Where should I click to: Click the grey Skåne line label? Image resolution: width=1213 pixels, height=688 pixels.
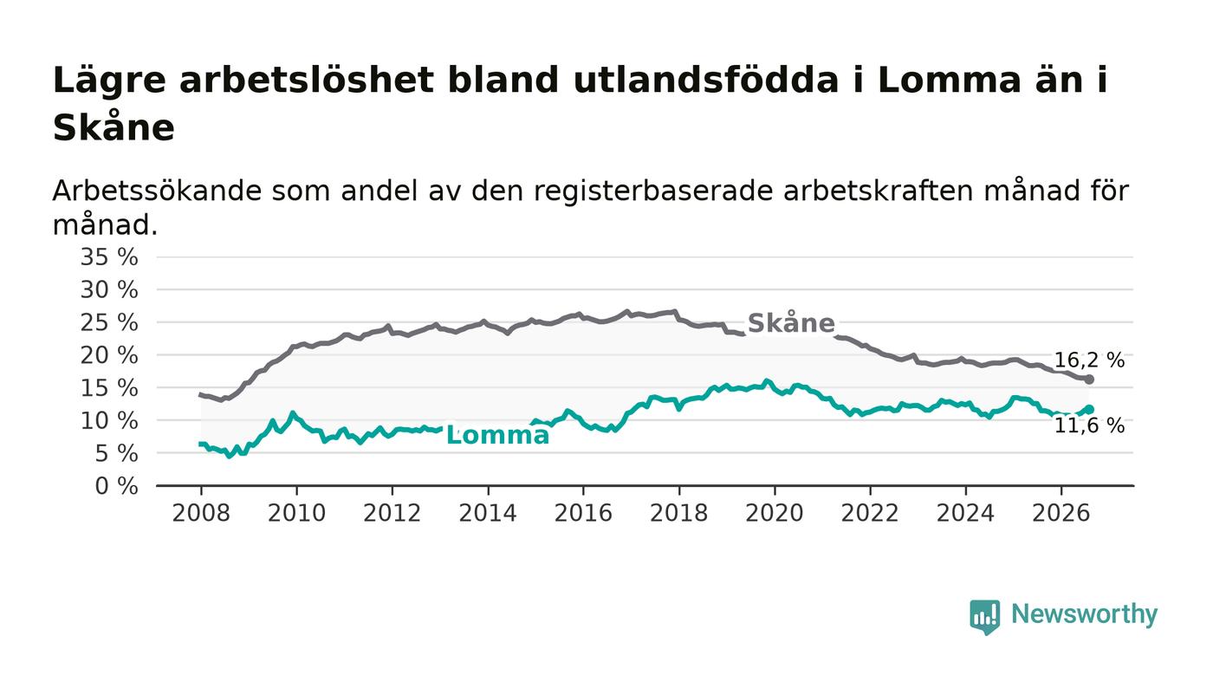(x=790, y=323)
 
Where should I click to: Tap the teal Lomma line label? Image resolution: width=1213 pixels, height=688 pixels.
(x=497, y=435)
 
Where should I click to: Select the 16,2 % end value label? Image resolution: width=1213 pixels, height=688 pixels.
(x=1089, y=360)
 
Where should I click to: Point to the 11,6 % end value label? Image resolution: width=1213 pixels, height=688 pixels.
(x=1089, y=425)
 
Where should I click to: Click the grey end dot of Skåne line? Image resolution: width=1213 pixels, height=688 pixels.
(x=1089, y=380)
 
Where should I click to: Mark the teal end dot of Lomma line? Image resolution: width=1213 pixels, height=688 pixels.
(x=1089, y=410)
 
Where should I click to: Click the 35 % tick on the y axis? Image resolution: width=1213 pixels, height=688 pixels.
(x=109, y=256)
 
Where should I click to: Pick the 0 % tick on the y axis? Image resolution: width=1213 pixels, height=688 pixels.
(x=116, y=486)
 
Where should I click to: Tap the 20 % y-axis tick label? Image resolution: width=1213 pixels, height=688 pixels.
(x=109, y=355)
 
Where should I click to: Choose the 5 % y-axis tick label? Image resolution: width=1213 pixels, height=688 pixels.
(x=116, y=453)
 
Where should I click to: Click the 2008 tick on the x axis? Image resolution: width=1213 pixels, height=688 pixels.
(x=201, y=513)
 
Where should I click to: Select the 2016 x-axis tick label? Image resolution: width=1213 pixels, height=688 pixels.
(x=583, y=513)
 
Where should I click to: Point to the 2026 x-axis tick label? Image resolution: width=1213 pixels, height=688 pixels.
(x=1061, y=513)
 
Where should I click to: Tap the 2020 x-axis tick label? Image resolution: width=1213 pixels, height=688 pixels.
(x=775, y=513)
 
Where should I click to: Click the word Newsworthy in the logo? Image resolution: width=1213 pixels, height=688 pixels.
(x=1084, y=614)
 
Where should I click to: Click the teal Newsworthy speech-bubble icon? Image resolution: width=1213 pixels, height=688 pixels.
(x=984, y=617)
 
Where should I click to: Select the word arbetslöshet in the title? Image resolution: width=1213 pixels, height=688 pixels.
(x=307, y=81)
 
